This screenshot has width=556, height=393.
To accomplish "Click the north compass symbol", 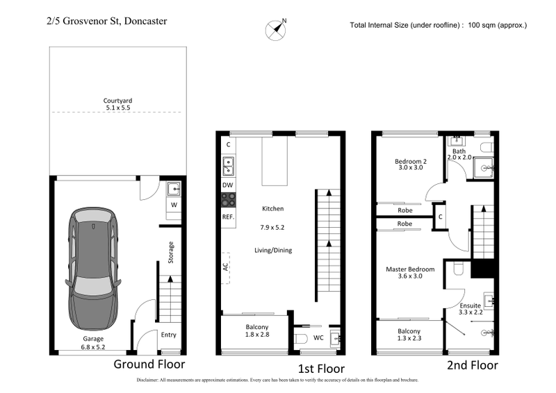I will (276, 28).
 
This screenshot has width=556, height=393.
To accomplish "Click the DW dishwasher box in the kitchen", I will (227, 185).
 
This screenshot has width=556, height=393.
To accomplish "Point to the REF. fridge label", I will (228, 217).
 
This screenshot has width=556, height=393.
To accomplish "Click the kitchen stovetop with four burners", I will (228, 200).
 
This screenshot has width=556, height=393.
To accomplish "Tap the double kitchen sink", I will (228, 166).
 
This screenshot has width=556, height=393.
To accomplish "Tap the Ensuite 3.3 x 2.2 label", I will (473, 309).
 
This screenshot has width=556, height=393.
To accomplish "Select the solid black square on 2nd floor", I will (482, 269).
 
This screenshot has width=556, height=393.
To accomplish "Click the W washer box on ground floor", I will (174, 205).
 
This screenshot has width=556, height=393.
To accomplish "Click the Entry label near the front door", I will (169, 335).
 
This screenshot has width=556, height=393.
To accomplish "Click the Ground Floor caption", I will (149, 364).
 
